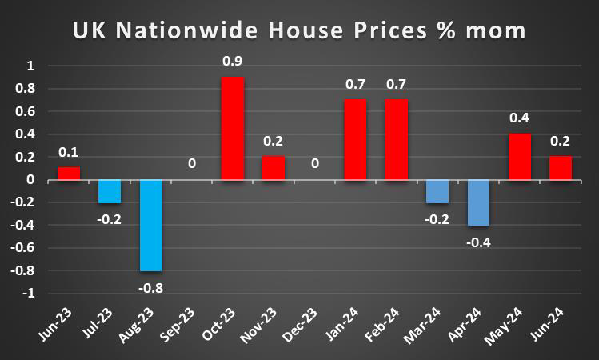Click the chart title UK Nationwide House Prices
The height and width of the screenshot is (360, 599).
tap(299, 31)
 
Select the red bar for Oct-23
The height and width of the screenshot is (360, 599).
tap(232, 128)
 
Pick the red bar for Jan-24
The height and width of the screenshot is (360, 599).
tap(355, 139)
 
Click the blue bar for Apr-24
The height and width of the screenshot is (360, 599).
tap(478, 202)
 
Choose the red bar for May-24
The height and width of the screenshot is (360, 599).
tap(519, 157)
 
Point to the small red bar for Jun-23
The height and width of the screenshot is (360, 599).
tap(68, 174)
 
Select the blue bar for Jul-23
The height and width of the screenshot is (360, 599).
tap(109, 191)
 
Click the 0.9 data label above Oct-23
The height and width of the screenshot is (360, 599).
tap(232, 60)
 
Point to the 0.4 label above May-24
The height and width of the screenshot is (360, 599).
tap(519, 118)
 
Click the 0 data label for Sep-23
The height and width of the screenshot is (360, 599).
tap(191, 163)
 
